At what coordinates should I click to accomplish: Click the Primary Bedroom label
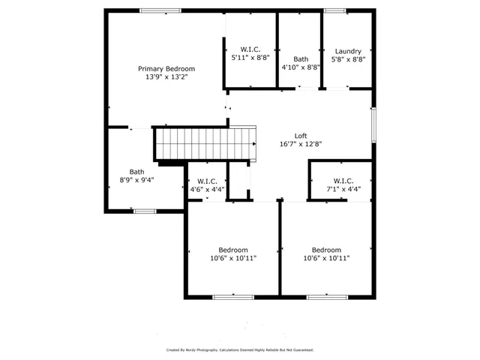tap(166, 68)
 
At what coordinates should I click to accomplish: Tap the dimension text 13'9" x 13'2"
tap(166, 76)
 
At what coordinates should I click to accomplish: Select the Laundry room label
tap(348, 51)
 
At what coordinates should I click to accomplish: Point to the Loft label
tap(300, 136)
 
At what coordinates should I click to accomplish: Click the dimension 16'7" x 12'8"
tap(300, 144)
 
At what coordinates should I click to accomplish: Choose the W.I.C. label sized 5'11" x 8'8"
tap(250, 48)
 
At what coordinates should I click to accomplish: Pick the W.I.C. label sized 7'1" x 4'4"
tap(343, 181)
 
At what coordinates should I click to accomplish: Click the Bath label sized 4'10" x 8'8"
tap(301, 58)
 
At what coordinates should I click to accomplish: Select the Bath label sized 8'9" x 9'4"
tap(136, 171)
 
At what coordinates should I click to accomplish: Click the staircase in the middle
tap(204, 143)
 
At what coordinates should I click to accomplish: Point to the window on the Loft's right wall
tap(373, 124)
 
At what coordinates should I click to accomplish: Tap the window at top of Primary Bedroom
tap(160, 10)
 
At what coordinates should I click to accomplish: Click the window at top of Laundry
tap(334, 10)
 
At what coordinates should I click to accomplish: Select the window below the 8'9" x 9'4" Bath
tap(145, 211)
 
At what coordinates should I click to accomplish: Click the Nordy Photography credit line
tap(240, 349)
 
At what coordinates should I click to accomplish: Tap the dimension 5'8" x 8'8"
tap(348, 59)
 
